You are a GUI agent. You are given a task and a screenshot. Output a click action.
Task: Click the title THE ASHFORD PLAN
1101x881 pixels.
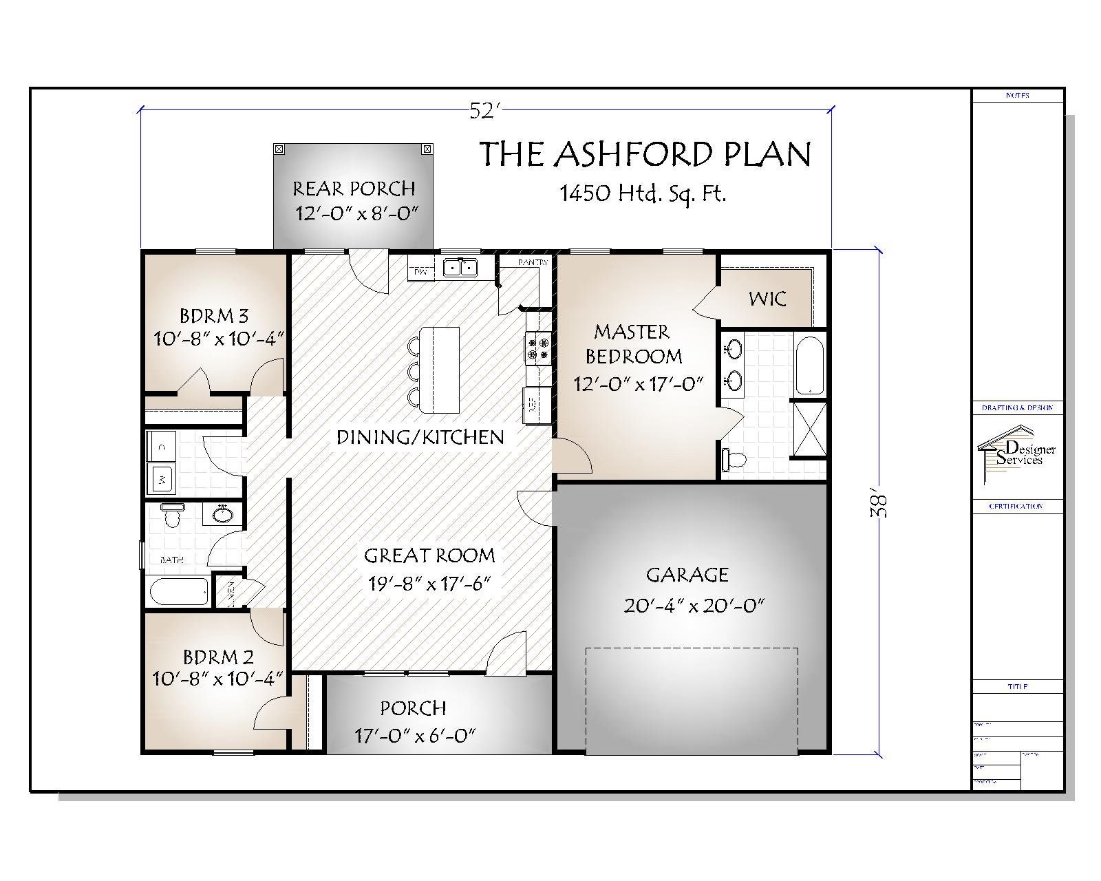645,154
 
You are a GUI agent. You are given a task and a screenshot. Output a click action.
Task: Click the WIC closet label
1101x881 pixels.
767,299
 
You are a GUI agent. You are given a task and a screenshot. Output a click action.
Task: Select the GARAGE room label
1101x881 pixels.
687,574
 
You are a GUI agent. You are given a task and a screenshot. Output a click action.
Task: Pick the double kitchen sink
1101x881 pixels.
460,267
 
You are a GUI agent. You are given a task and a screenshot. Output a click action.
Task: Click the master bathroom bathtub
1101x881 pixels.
809,365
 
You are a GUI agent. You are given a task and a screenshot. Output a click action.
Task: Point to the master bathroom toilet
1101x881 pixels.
734,459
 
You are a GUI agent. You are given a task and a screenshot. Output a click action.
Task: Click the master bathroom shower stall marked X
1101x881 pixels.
809,429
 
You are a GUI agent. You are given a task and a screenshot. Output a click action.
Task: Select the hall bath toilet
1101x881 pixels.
173,514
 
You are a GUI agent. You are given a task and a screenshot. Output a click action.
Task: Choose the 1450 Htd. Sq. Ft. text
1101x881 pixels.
643,194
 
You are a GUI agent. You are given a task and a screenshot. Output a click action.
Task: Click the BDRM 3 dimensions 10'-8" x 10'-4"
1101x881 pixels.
218,339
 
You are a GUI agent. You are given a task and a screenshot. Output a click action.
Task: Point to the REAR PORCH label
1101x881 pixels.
354,188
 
